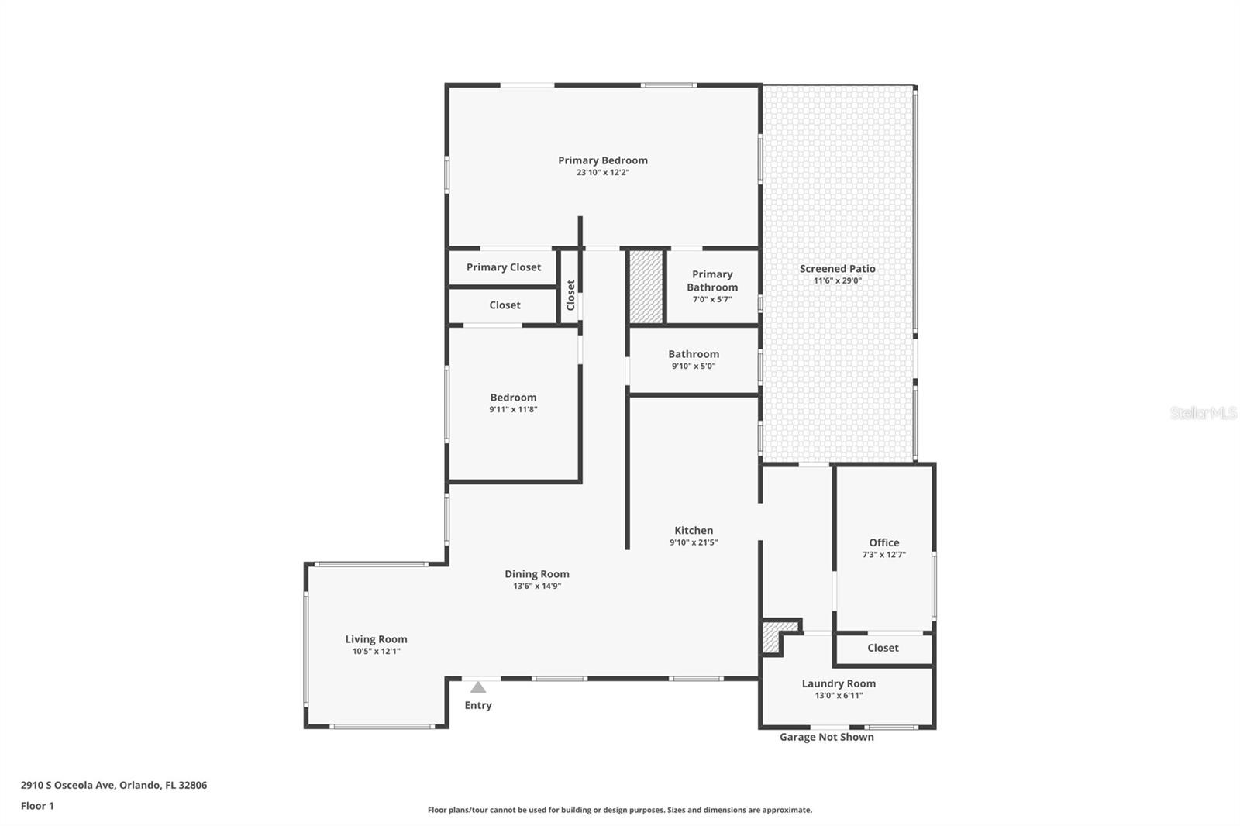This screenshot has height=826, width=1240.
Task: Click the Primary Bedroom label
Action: (602, 160)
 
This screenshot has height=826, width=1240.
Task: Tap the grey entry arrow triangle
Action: (478, 687)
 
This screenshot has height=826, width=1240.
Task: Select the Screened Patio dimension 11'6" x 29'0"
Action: (837, 281)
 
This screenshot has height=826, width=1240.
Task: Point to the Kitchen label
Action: (693, 531)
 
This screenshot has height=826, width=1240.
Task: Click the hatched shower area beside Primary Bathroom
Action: (646, 286)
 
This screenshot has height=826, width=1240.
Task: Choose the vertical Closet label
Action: (571, 295)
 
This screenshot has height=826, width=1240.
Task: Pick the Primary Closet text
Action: (504, 267)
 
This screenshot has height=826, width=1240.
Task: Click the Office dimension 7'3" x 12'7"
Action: (883, 555)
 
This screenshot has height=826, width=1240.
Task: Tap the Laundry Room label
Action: (839, 683)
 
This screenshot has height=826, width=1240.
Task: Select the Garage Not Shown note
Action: (826, 737)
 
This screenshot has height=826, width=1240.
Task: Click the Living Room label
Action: (376, 639)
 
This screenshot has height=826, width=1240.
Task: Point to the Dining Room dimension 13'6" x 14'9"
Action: (536, 587)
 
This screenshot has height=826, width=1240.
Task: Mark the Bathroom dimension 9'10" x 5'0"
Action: (693, 367)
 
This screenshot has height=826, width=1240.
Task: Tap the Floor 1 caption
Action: (37, 806)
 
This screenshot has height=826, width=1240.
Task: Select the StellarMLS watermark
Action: (1203, 413)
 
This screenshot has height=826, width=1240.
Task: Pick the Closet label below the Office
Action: (883, 648)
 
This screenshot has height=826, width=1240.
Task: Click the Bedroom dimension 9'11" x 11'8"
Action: (512, 410)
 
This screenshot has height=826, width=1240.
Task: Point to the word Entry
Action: (478, 705)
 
